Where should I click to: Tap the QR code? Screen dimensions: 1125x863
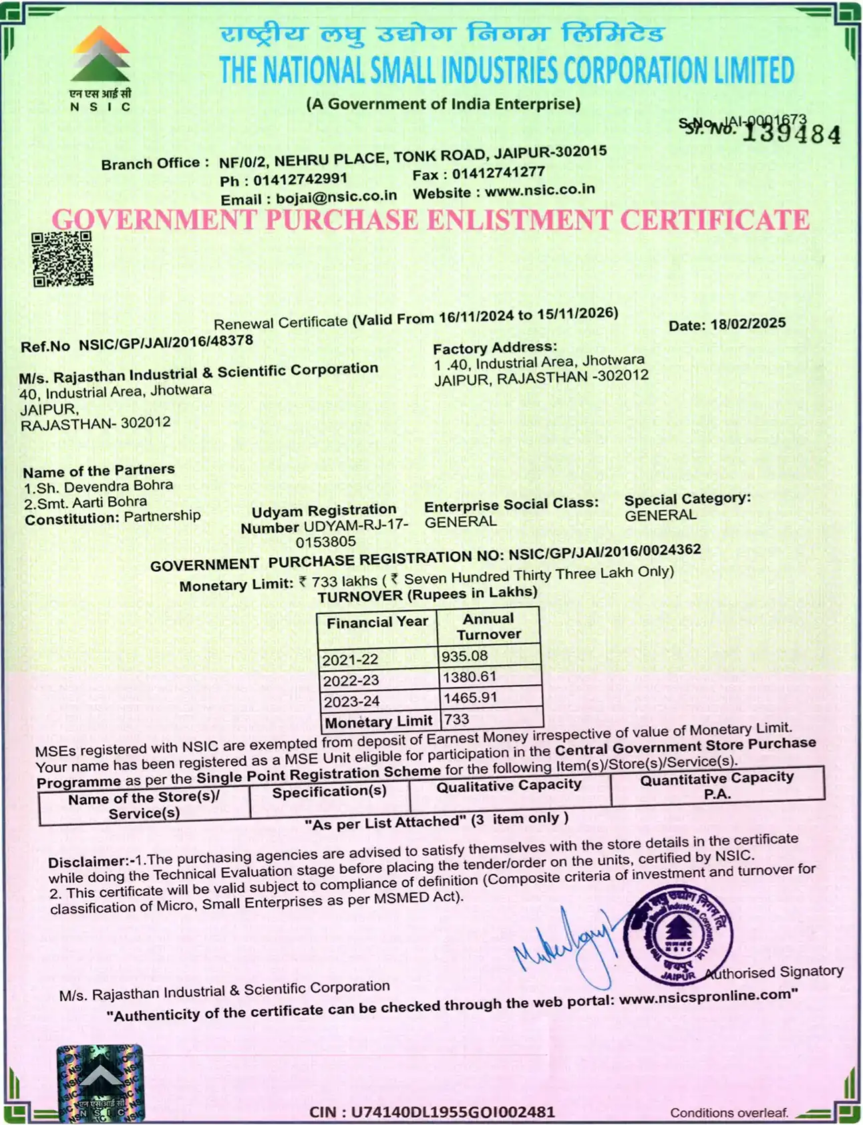tap(63, 259)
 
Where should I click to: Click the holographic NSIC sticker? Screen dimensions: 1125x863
tap(100, 1082)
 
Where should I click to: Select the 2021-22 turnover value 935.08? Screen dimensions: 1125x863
tap(465, 656)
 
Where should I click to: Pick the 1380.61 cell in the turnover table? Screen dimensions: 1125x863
tap(470, 677)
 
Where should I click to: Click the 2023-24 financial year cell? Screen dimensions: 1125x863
tap(351, 701)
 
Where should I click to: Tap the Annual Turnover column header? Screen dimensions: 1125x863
tap(489, 627)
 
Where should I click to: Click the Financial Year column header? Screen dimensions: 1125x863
tap(377, 623)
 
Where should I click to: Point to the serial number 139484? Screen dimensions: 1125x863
tap(792, 134)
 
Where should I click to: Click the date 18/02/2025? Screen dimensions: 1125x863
tap(748, 324)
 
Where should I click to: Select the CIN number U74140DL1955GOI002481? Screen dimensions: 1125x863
tap(454, 1112)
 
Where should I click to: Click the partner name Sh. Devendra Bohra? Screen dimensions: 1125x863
tap(105, 486)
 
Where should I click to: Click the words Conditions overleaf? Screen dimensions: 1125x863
tap(729, 1112)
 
